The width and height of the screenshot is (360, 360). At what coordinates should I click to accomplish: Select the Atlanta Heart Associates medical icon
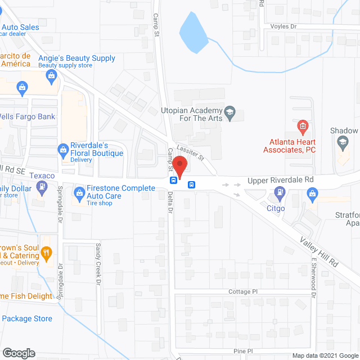tap(302, 125)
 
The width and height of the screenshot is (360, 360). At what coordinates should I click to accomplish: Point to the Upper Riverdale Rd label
tap(280, 181)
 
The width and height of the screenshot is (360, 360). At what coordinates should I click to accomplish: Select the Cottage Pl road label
tap(242, 292)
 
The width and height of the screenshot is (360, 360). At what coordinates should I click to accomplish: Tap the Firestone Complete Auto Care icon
tap(78, 195)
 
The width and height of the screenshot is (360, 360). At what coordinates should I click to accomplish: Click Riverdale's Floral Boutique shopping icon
tap(62, 149)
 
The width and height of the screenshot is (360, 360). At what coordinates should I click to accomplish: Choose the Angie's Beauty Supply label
tap(76, 58)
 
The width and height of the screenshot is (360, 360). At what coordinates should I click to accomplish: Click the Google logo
tap(19, 353)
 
